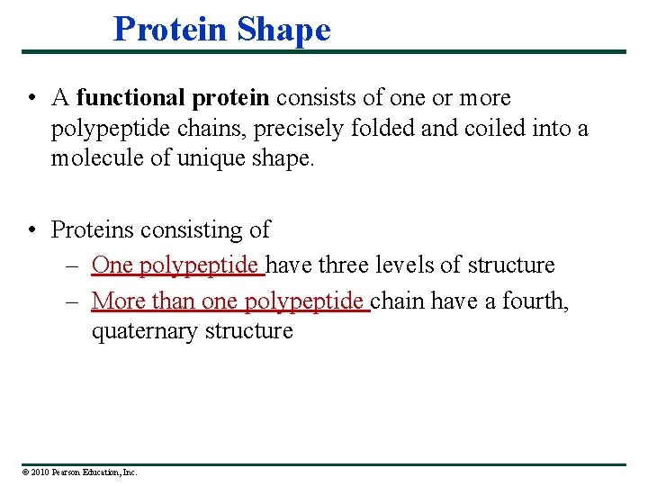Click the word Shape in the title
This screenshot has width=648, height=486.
(284, 30)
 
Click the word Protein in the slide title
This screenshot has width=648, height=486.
(170, 30)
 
